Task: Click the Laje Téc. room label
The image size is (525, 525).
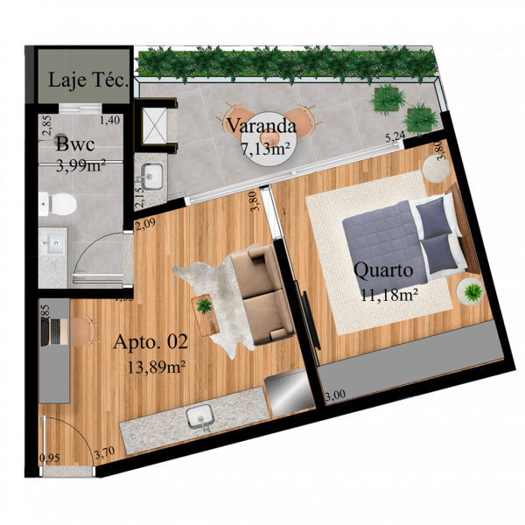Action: tap(88, 81)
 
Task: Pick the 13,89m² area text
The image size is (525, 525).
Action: tap(156, 366)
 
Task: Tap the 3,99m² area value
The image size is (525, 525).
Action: tap(81, 164)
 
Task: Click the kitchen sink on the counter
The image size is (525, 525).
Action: tap(202, 418)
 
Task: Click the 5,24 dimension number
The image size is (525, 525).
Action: tap(395, 136)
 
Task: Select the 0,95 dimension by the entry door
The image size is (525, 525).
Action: tap(51, 457)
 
